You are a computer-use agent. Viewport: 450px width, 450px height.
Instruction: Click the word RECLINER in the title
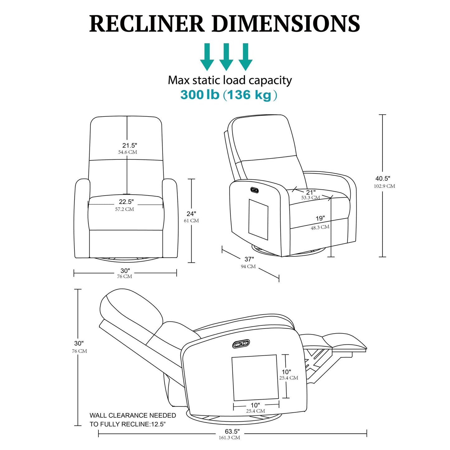(146, 24)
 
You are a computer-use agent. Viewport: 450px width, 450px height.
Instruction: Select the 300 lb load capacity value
(200, 95)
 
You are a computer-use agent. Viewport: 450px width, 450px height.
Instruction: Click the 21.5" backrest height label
(129, 145)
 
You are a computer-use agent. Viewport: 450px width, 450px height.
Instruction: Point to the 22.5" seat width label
(126, 202)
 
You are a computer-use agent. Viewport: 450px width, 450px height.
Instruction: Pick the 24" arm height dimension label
(191, 214)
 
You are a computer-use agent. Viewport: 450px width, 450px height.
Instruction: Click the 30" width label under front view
(125, 271)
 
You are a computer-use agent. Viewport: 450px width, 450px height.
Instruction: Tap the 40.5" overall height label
(383, 178)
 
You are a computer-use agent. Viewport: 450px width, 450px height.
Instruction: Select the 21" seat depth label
(310, 192)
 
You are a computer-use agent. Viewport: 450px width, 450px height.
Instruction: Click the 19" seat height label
(320, 218)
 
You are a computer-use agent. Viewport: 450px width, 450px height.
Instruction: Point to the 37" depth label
(249, 259)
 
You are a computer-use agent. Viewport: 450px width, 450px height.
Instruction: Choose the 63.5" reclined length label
(232, 431)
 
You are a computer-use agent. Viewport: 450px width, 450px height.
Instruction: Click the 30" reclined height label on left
(79, 343)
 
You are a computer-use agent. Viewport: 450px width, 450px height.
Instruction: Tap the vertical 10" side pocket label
(286, 372)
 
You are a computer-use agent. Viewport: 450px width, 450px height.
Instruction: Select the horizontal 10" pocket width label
(255, 405)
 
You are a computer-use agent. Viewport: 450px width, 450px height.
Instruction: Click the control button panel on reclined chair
(241, 344)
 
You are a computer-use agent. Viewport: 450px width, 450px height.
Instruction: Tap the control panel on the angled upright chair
(255, 190)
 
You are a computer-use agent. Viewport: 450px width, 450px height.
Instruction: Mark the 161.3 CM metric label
(229, 438)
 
